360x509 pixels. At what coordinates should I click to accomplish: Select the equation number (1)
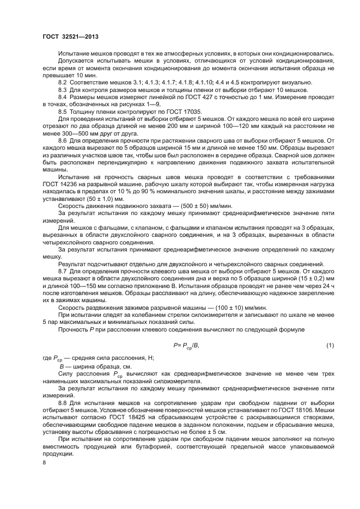(330, 345)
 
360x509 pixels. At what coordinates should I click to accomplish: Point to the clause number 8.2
(63, 81)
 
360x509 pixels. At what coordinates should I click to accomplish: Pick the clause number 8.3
(63, 89)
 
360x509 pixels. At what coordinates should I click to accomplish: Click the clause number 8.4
(63, 96)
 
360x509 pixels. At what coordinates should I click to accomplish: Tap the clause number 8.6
(63, 140)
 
